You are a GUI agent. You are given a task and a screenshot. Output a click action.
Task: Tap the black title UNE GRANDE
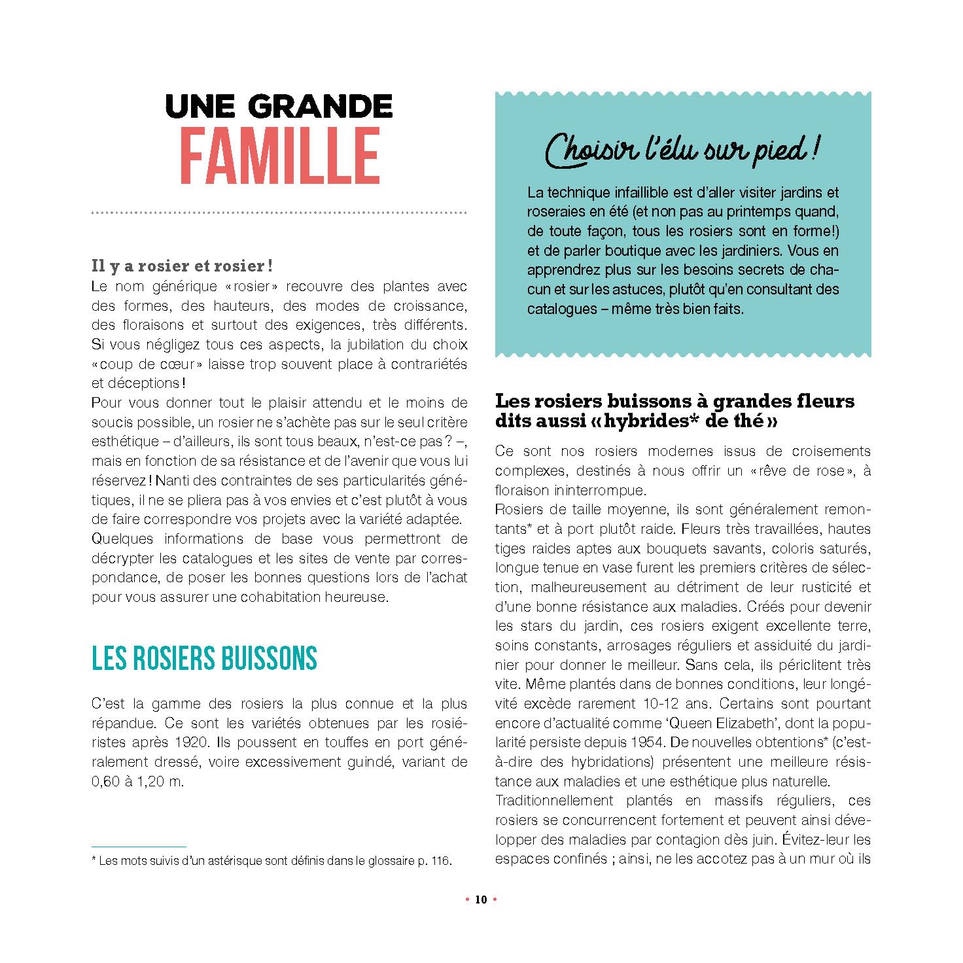pyautogui.click(x=279, y=107)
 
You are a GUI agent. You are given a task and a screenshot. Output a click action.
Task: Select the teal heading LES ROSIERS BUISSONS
pyautogui.click(x=204, y=659)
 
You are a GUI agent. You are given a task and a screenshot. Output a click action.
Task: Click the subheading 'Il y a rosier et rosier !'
pyautogui.click(x=182, y=266)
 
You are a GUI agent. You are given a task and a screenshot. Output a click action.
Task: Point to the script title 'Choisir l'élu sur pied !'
pyautogui.click(x=682, y=150)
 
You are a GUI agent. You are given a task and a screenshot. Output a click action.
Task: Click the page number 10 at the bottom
pyautogui.click(x=481, y=900)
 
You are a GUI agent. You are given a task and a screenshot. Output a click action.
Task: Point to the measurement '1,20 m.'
pyautogui.click(x=160, y=781)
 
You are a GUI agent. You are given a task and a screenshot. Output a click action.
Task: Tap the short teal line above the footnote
pyautogui.click(x=139, y=847)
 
